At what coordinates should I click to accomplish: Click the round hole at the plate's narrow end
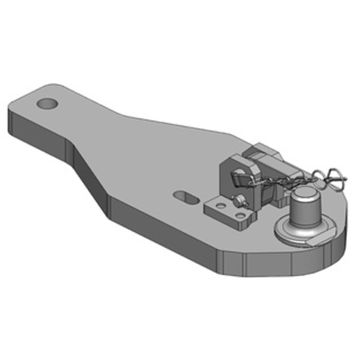pyautogui.click(x=48, y=103)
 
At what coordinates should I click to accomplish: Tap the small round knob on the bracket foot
pyautogui.click(x=237, y=200)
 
